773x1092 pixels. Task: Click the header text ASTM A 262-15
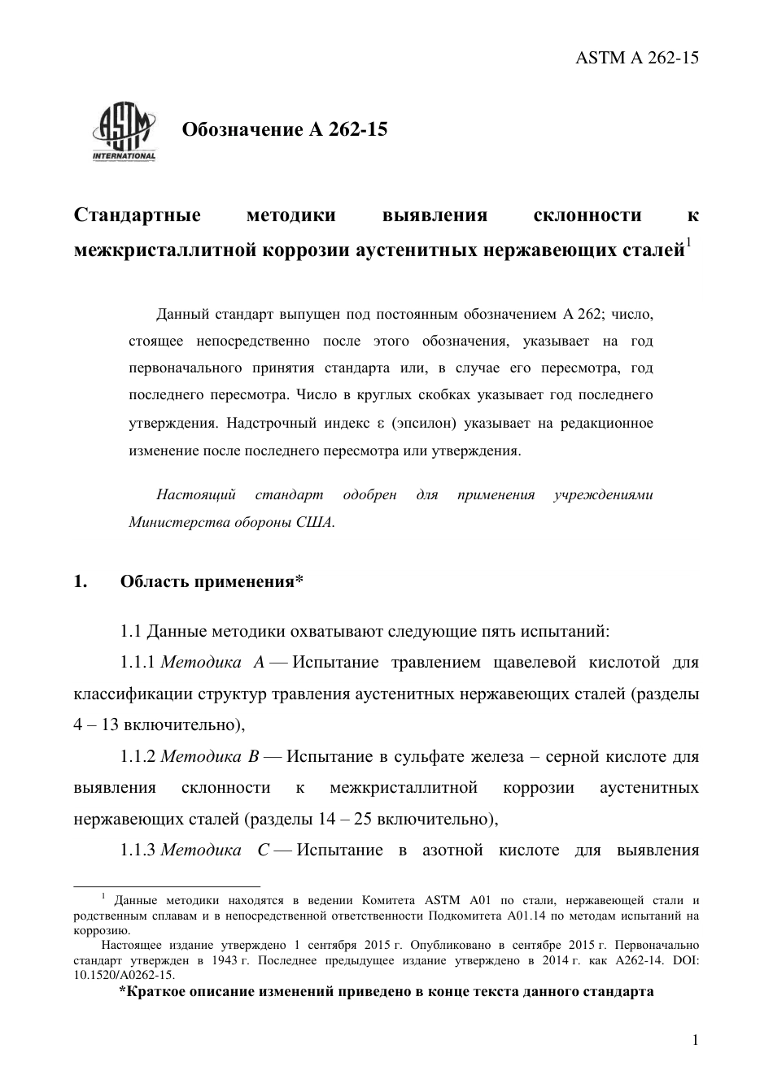(x=637, y=58)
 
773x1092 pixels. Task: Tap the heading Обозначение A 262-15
(x=284, y=129)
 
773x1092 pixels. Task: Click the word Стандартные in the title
(x=138, y=215)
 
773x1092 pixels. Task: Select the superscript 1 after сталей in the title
(x=688, y=242)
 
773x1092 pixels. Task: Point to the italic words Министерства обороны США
(x=231, y=522)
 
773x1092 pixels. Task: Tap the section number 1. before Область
(x=81, y=581)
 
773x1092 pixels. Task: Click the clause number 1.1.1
(x=138, y=663)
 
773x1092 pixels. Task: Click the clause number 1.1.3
(x=138, y=851)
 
